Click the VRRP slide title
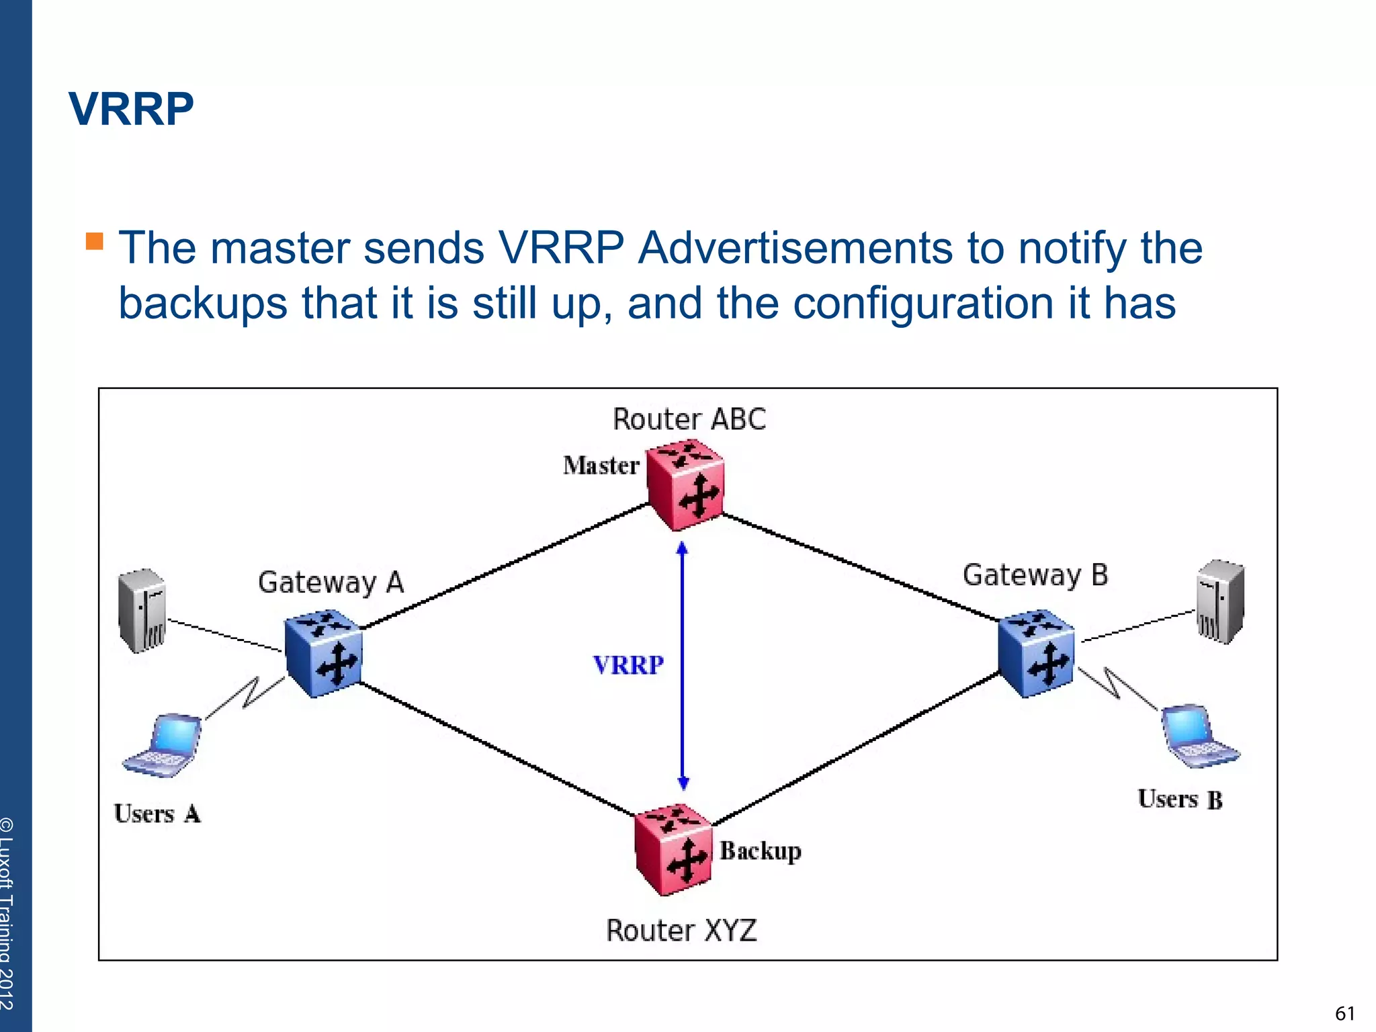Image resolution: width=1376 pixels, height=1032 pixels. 131,109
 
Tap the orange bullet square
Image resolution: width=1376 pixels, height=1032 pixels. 95,241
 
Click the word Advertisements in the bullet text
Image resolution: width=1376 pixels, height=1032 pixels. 795,248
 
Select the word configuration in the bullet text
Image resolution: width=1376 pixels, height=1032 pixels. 923,303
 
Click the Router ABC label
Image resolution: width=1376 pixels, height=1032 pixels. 689,419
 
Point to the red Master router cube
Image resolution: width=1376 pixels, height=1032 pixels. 685,485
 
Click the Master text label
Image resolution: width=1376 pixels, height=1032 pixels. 601,466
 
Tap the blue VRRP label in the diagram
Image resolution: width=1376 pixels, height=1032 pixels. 628,665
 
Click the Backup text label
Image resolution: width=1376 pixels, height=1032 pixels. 761,851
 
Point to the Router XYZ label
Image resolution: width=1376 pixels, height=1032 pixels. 681,931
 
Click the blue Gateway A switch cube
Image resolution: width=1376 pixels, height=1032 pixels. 323,654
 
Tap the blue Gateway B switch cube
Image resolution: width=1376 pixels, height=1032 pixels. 1035,654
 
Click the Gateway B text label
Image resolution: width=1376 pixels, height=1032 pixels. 1035,575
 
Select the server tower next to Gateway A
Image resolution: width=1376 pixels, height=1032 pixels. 142,610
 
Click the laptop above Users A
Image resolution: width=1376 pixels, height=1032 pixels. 164,746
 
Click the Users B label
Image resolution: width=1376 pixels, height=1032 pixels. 1180,800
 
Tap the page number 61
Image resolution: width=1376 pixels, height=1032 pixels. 1344,1013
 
